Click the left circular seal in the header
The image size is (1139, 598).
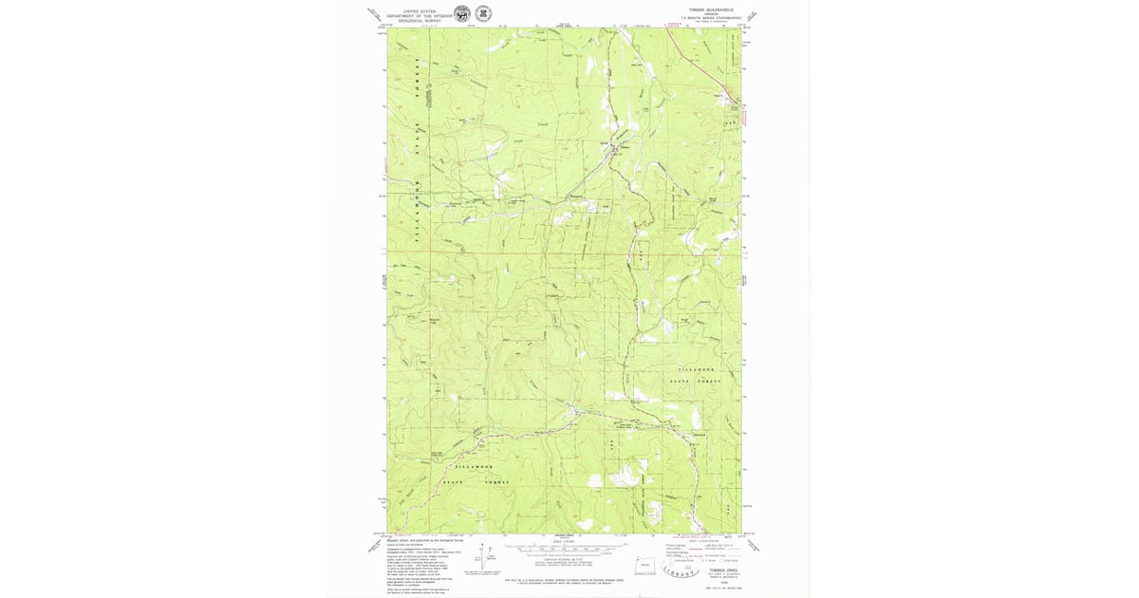[x=461, y=14]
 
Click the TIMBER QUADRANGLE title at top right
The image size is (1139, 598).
[x=706, y=10]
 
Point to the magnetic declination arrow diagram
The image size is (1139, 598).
[x=481, y=555]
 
